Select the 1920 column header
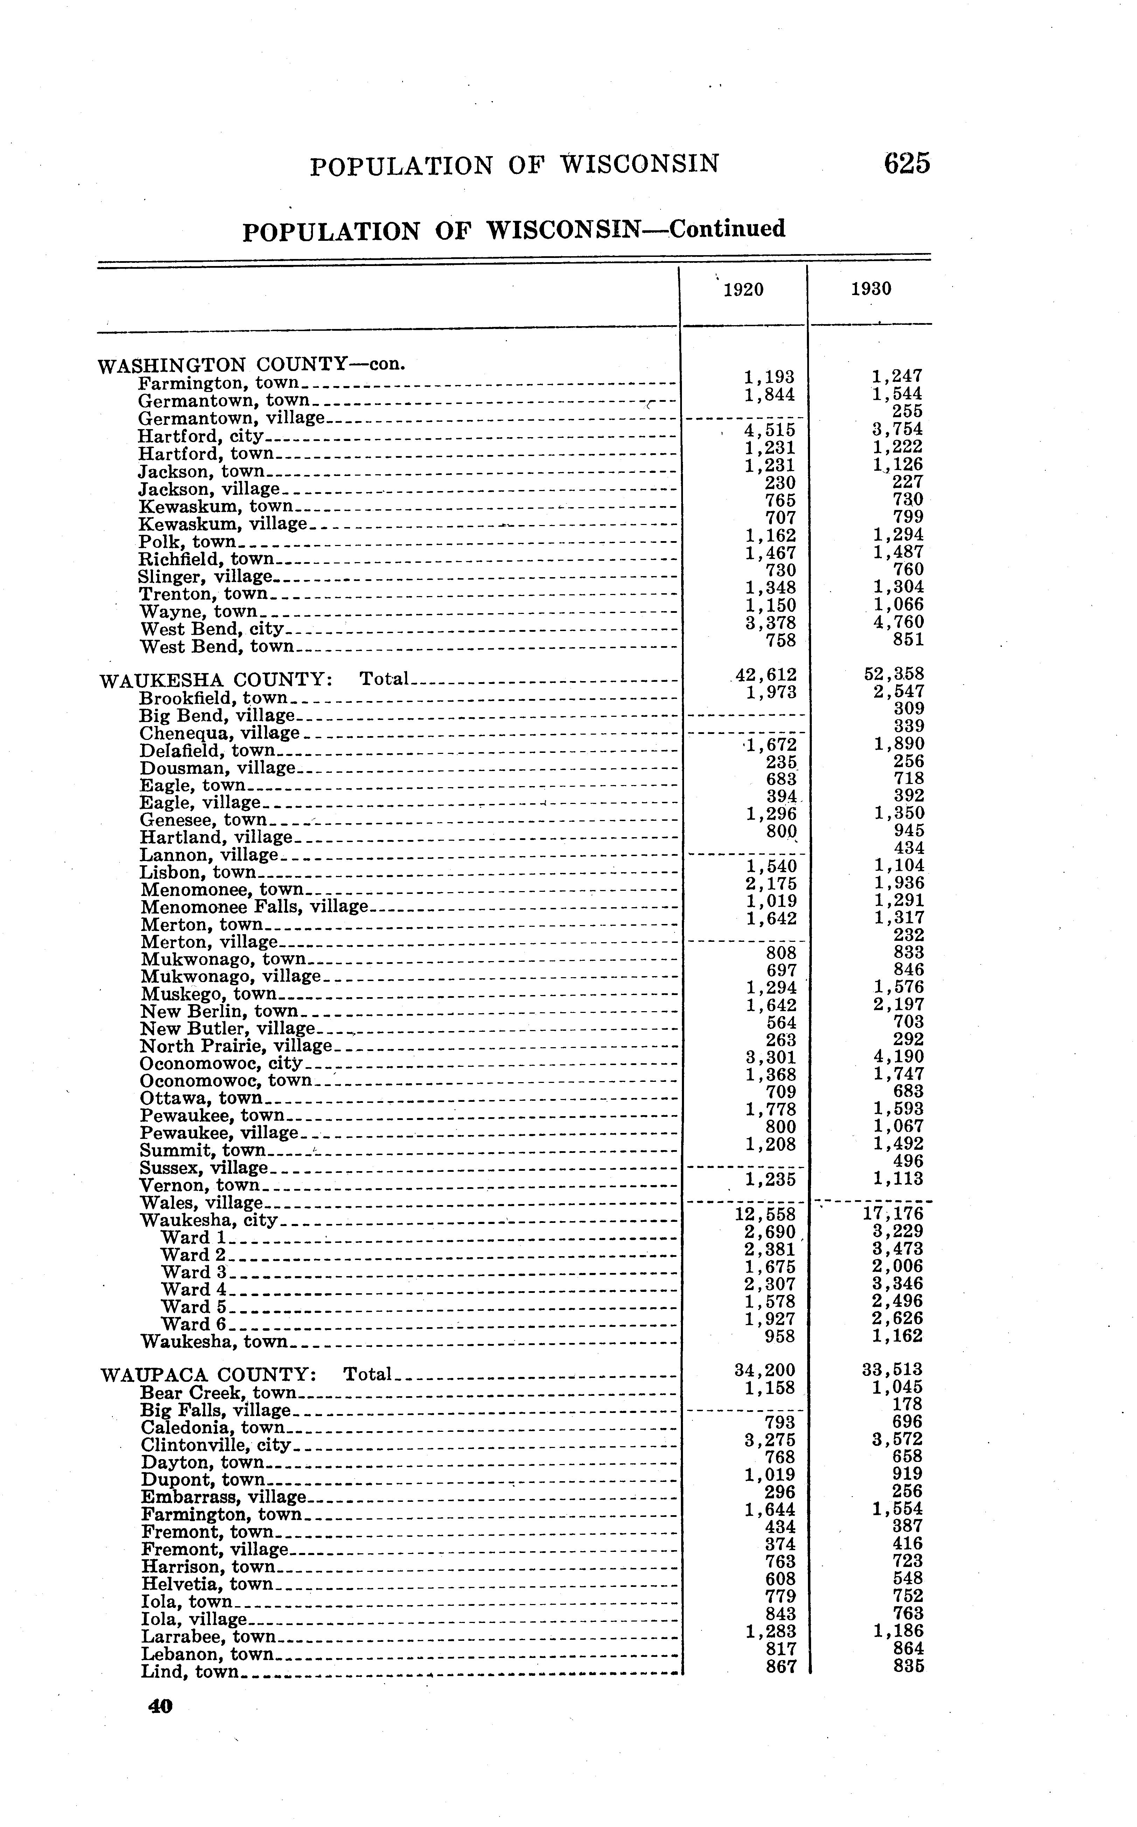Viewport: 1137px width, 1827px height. click(743, 289)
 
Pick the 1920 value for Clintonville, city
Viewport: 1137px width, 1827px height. click(769, 1440)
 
